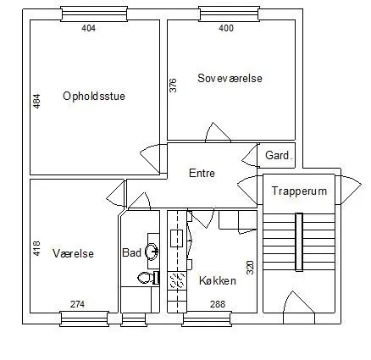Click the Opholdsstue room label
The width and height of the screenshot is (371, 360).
pyautogui.click(x=94, y=97)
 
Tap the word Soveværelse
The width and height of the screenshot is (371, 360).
pyautogui.click(x=230, y=78)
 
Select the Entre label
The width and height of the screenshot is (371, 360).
pyautogui.click(x=202, y=173)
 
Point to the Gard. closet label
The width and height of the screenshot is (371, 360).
pyautogui.click(x=278, y=155)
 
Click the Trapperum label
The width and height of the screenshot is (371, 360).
pyautogui.click(x=299, y=191)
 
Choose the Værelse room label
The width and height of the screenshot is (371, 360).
pyautogui.click(x=73, y=253)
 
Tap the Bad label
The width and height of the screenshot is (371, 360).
pyautogui.click(x=131, y=252)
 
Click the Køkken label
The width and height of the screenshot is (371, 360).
pyautogui.click(x=218, y=280)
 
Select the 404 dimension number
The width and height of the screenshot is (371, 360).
pyautogui.click(x=89, y=28)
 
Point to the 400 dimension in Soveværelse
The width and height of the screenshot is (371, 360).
pyautogui.click(x=226, y=28)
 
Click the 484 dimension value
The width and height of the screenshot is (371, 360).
pyautogui.click(x=37, y=101)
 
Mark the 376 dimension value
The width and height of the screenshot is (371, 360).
pyautogui.click(x=173, y=86)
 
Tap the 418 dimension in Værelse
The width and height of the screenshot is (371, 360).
pyautogui.click(x=36, y=248)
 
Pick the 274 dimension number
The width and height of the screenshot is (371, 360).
pyautogui.click(x=77, y=304)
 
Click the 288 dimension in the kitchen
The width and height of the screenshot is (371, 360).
pyautogui.click(x=218, y=304)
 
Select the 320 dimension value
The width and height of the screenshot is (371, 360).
pyautogui.click(x=251, y=268)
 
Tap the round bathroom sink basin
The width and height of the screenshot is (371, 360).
pyautogui.click(x=152, y=251)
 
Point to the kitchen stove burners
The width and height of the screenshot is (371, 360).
pyautogui.click(x=177, y=280)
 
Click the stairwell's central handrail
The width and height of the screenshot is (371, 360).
pyautogui.click(x=299, y=242)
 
